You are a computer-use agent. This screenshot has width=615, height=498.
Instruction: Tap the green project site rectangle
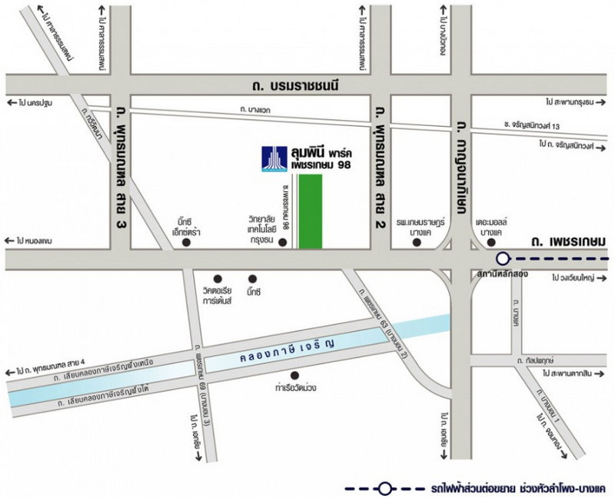coord(310,211)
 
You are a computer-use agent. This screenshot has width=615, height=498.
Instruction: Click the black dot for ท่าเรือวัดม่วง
coord(294,375)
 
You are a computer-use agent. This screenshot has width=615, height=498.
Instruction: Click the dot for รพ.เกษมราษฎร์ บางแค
coord(417,243)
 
